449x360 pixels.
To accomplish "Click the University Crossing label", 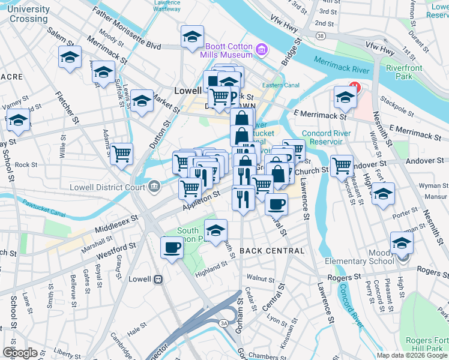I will click(x=29, y=14).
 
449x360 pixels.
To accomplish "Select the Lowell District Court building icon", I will click(x=153, y=187).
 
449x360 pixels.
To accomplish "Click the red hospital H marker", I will click(x=354, y=88).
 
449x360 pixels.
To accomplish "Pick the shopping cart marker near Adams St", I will click(x=122, y=154).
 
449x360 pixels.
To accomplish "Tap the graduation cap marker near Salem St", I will click(x=70, y=58).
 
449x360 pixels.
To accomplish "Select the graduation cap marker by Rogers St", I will click(x=402, y=243).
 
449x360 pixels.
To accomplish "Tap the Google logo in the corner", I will click(x=20, y=353).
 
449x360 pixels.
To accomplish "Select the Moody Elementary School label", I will click(x=370, y=261).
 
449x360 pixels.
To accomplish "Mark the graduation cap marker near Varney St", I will click(x=19, y=121).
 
